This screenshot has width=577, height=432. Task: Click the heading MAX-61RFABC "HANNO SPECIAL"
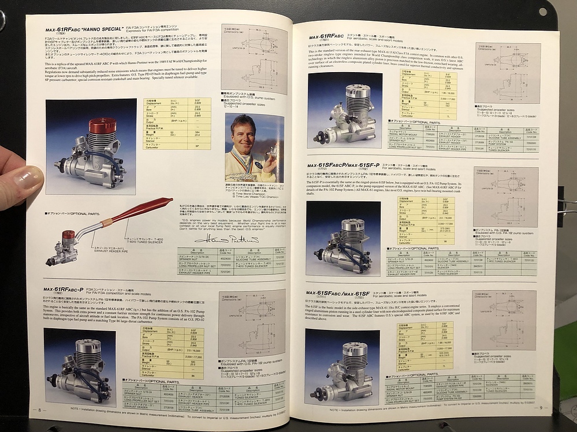click(83, 28)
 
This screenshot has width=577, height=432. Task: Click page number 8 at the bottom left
click(39, 410)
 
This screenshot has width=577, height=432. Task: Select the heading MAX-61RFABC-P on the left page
click(64, 288)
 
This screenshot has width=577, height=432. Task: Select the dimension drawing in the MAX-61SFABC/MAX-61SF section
click(503, 321)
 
